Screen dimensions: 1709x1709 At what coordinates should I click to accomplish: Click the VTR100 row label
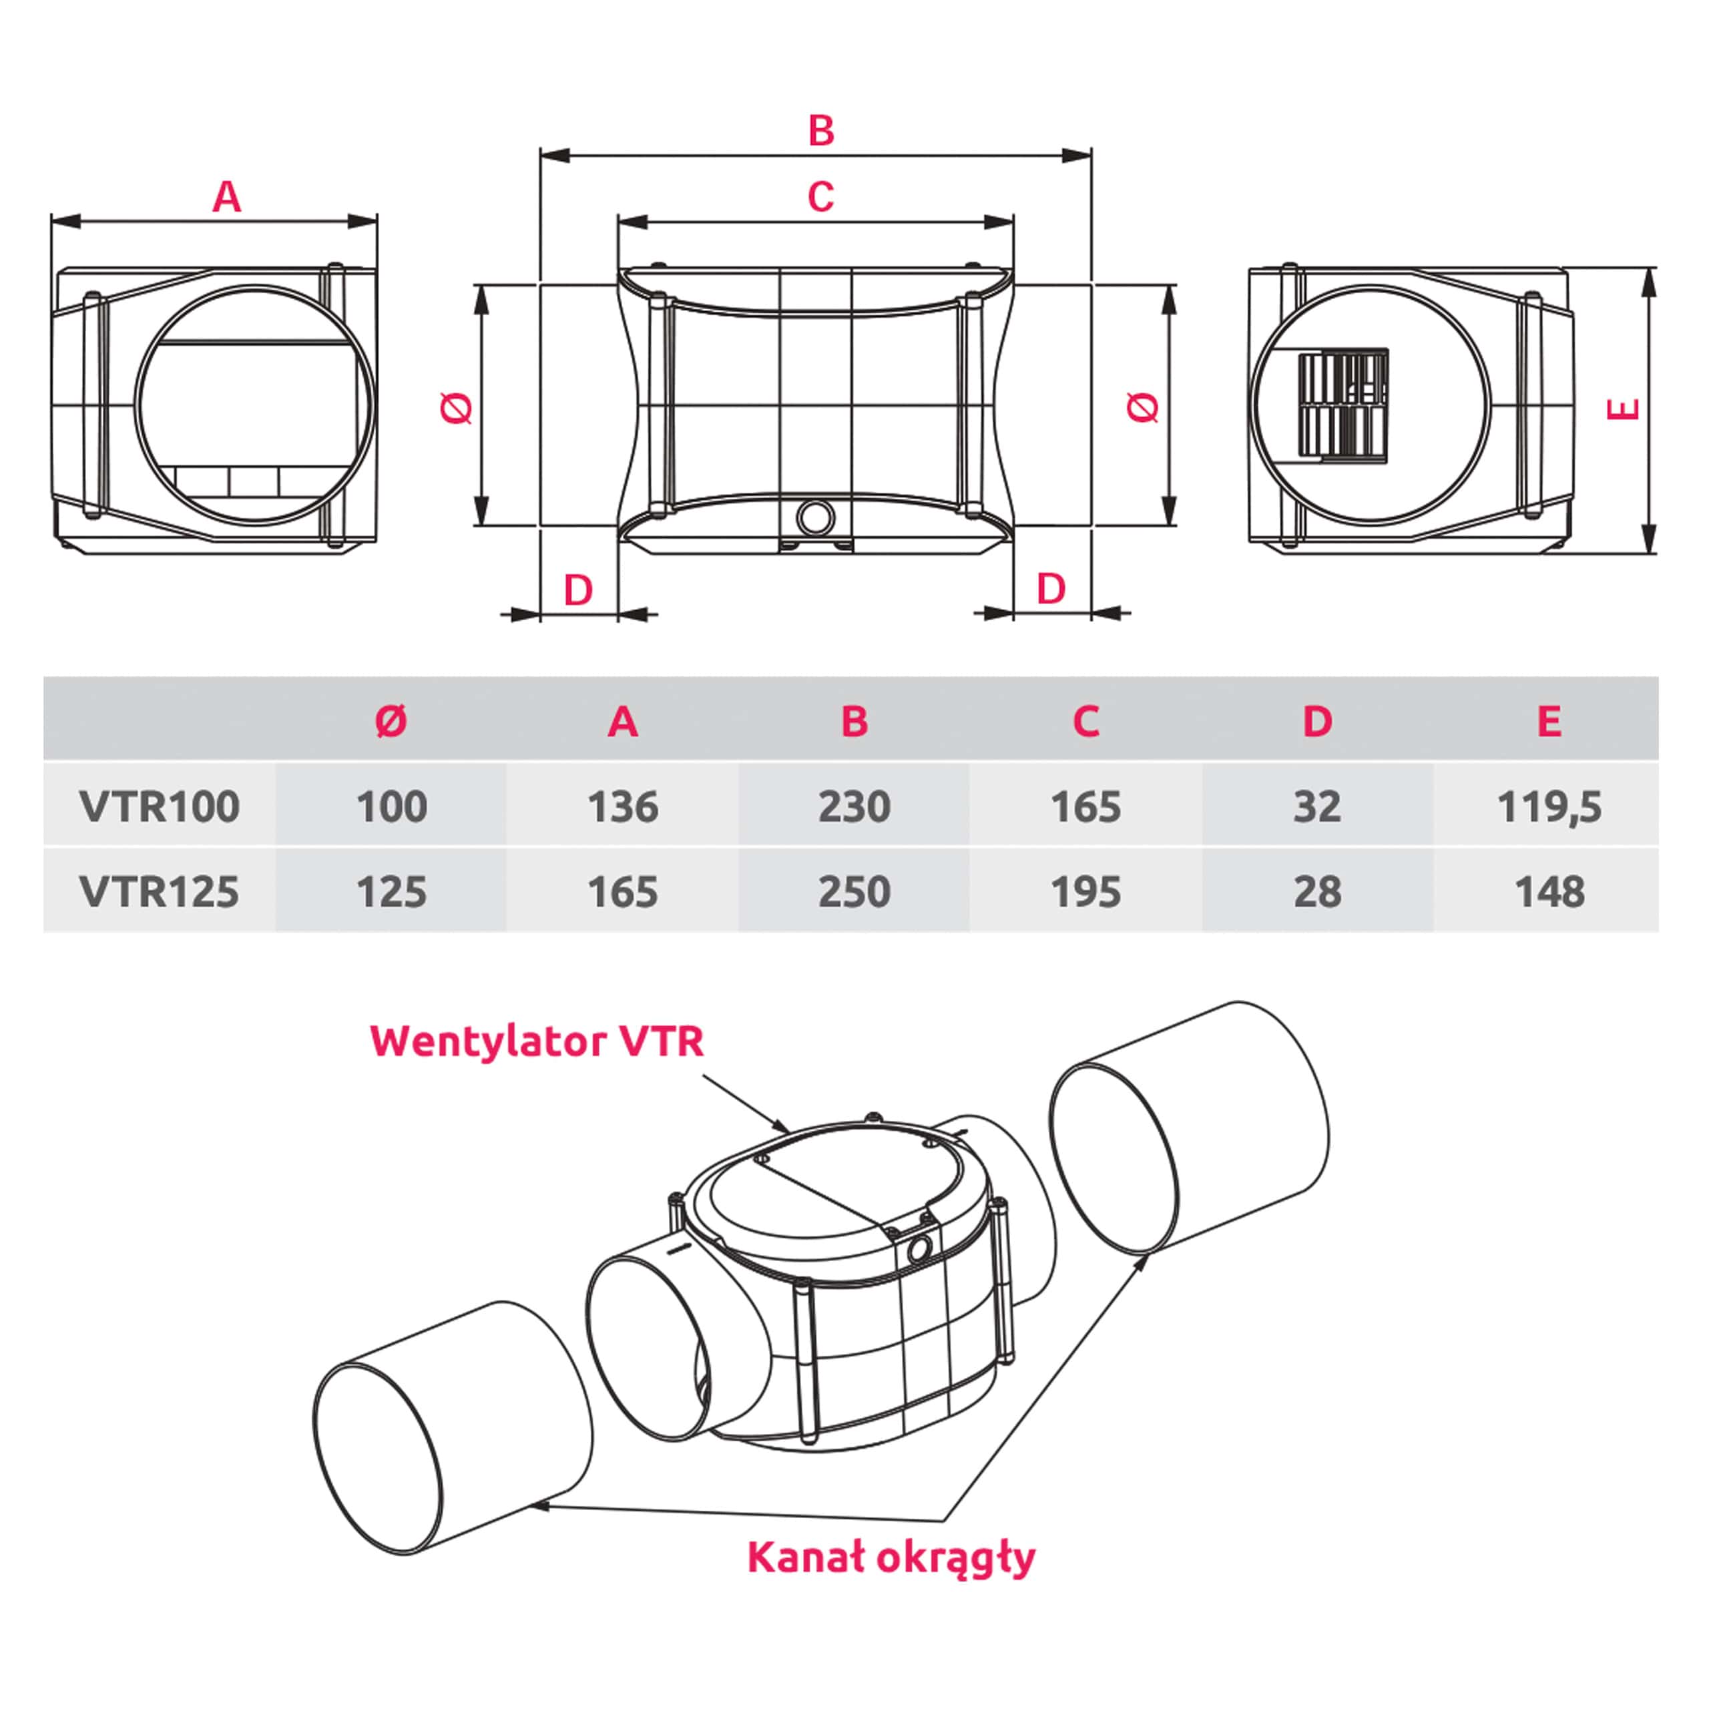pyautogui.click(x=160, y=806)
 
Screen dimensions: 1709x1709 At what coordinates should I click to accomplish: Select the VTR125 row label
pyautogui.click(x=160, y=891)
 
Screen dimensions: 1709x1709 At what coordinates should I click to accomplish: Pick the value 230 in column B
pyautogui.click(x=854, y=806)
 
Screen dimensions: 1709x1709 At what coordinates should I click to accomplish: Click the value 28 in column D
pyautogui.click(x=1317, y=891)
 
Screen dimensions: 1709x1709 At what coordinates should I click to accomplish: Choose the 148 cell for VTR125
pyautogui.click(x=1549, y=891)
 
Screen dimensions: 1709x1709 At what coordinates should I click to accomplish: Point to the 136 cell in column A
pyautogui.click(x=623, y=806)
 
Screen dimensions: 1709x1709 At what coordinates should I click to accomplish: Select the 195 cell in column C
pyautogui.click(x=1085, y=891)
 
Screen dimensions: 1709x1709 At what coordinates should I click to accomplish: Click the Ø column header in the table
pyautogui.click(x=391, y=722)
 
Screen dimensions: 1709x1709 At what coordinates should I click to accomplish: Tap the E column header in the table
pyautogui.click(x=1549, y=722)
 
